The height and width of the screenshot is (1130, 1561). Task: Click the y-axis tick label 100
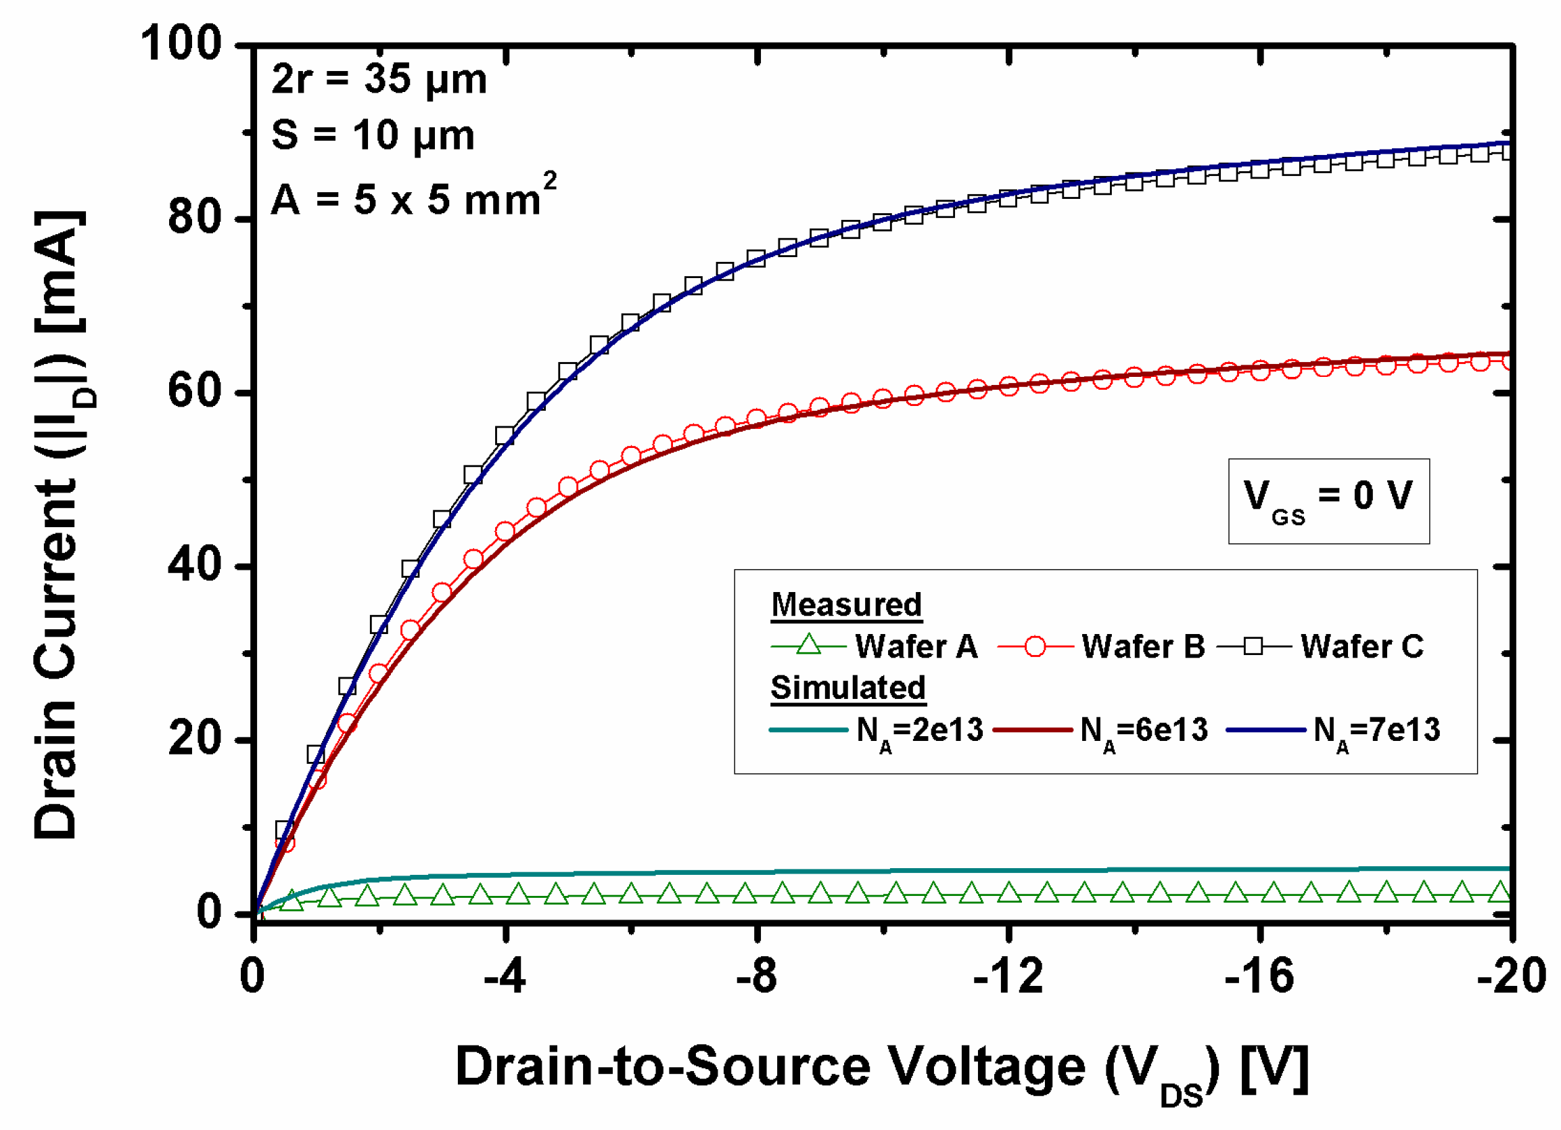[x=181, y=44]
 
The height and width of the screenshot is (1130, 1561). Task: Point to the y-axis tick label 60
[x=195, y=392]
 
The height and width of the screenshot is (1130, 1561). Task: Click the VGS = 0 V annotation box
[x=1328, y=501]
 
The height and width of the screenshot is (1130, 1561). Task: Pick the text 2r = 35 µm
[x=379, y=79]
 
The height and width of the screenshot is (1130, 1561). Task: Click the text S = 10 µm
[x=373, y=135]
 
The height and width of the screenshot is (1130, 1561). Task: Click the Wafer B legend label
[x=1142, y=647]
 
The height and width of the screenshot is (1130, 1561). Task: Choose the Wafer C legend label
[x=1361, y=647]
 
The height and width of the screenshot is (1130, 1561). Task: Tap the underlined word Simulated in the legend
[x=848, y=688]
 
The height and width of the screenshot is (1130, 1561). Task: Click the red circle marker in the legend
[x=1035, y=647]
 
